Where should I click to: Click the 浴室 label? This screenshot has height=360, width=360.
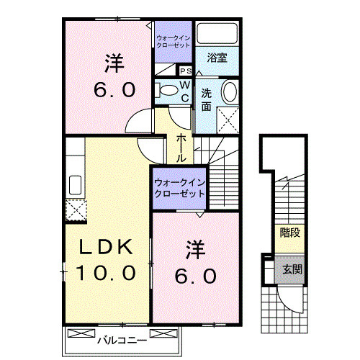[x=217, y=58]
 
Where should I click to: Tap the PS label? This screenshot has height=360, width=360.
[x=185, y=71]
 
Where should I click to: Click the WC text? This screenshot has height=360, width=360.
[x=184, y=91]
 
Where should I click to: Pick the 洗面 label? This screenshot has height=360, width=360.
[x=206, y=99]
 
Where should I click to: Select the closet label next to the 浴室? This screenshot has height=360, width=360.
[x=173, y=40]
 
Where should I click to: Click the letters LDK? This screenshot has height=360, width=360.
[x=106, y=248]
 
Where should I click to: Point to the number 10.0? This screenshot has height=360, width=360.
[x=107, y=273]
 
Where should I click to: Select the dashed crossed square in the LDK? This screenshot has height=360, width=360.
[x=74, y=210]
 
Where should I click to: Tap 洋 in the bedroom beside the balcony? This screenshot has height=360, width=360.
[x=194, y=251]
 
